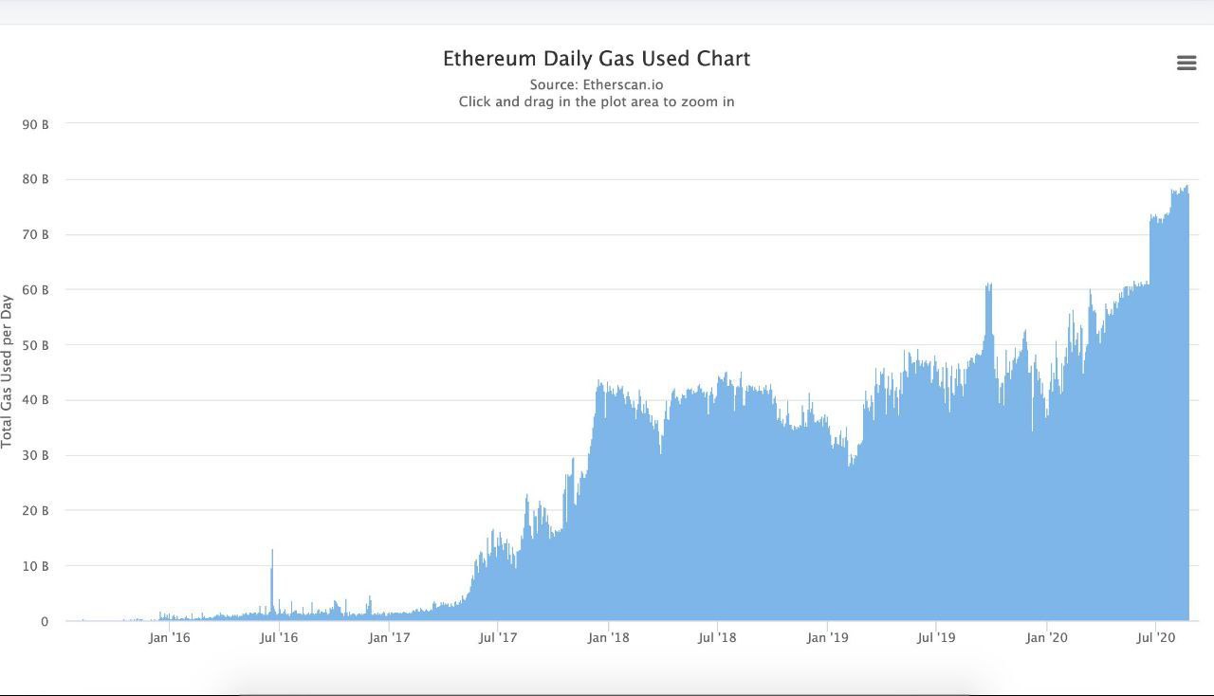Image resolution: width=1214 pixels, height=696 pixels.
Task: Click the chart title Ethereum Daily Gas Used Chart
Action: tap(597, 59)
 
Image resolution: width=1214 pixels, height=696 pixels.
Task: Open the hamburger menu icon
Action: tap(1186, 63)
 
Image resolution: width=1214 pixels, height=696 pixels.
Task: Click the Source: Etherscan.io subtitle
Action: tap(597, 84)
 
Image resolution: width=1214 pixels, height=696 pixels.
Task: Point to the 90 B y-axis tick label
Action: tap(37, 124)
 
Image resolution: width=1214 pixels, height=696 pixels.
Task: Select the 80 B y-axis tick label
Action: tap(37, 179)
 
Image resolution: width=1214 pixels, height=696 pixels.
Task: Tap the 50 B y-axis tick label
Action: tap(37, 345)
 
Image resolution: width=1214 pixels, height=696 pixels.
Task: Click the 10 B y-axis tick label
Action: tap(37, 566)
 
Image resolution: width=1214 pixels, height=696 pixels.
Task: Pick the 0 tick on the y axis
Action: tap(44, 622)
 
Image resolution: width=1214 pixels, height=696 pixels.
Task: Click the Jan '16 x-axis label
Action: tap(169, 637)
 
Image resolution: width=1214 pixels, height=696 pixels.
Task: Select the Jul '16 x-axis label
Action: tap(279, 637)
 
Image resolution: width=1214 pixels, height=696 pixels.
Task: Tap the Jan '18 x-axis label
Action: tap(608, 637)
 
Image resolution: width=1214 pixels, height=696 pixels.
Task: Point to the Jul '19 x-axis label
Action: tap(936, 637)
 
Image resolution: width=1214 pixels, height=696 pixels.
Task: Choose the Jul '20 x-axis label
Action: tap(1156, 637)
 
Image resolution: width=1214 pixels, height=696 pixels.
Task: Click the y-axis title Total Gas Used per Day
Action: tap(8, 372)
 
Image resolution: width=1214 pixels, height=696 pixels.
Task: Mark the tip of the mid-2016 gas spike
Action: tap(272, 551)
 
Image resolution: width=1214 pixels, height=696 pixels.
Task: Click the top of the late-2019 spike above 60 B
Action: tap(988, 284)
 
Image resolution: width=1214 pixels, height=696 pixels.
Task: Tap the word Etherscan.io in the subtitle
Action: tap(623, 84)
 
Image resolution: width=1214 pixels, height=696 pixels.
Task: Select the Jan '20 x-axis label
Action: tap(1046, 637)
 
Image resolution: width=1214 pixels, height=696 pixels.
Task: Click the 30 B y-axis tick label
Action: tap(37, 456)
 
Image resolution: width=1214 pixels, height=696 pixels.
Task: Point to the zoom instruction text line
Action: tap(597, 101)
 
